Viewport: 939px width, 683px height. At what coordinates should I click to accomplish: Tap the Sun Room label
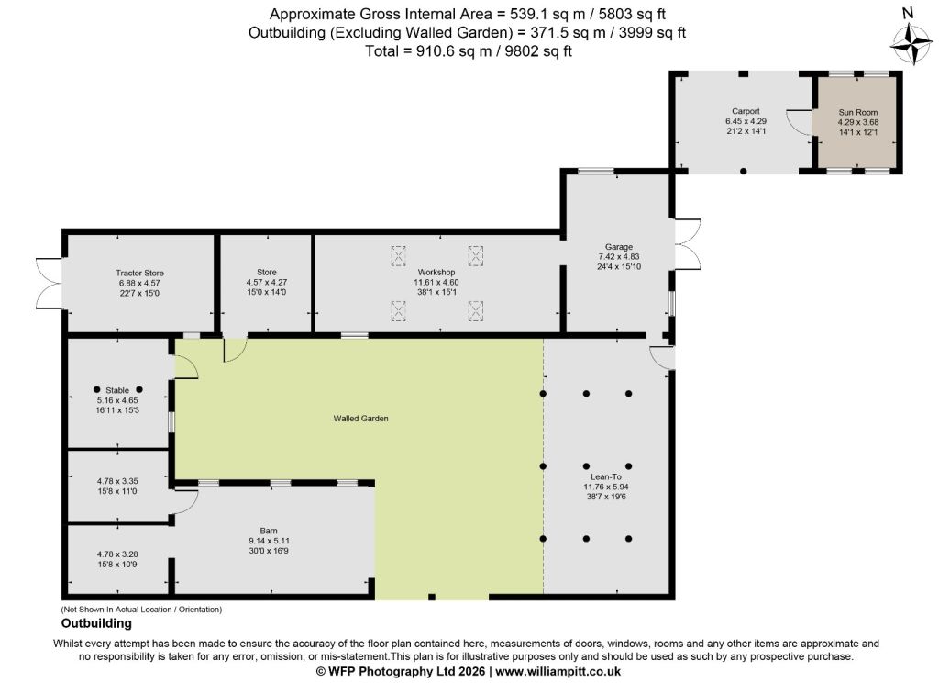[x=858, y=112]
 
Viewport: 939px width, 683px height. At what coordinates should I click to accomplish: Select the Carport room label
[x=746, y=111]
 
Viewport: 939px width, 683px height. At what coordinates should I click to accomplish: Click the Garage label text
[x=619, y=246]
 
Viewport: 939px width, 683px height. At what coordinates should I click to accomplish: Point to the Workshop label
[x=436, y=273]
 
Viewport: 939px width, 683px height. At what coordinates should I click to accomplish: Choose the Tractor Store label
[x=139, y=273]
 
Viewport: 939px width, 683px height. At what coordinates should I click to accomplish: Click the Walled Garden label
[x=360, y=419]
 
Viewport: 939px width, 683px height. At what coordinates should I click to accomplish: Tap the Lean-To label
[x=606, y=476]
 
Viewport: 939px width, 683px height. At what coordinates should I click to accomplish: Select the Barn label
[x=269, y=531]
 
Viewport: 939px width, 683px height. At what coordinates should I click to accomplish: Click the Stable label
[x=117, y=390]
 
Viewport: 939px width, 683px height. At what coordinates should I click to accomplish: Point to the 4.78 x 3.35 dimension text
[x=117, y=481]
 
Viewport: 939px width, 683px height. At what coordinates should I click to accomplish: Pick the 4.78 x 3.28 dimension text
[x=117, y=554]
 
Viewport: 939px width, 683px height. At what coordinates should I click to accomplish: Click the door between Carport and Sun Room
[x=800, y=123]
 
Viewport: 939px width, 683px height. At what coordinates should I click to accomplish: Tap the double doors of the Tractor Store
[x=50, y=283]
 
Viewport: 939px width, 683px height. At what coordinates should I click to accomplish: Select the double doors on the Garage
[x=688, y=244]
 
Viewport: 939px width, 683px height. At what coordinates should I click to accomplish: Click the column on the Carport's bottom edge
[x=743, y=172]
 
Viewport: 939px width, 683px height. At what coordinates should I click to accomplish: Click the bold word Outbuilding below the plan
[x=96, y=623]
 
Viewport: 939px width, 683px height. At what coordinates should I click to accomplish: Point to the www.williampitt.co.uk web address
[x=558, y=672]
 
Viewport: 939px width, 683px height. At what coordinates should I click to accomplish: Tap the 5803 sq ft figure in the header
[x=628, y=14]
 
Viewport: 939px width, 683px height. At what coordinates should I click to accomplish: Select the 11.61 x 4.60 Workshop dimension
[x=436, y=282]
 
